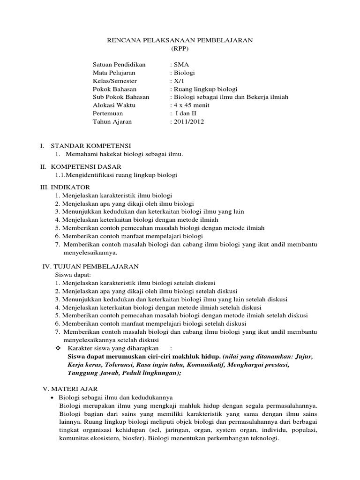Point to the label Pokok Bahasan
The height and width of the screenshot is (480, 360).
pos(115,89)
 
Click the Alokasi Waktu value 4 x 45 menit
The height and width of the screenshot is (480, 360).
pos(192,105)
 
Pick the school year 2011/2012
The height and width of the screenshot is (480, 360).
pos(188,121)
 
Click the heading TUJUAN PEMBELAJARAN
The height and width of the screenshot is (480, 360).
pos(98,266)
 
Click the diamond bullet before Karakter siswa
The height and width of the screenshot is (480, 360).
pos(58,348)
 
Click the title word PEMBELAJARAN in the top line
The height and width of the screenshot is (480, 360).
pos(222,41)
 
